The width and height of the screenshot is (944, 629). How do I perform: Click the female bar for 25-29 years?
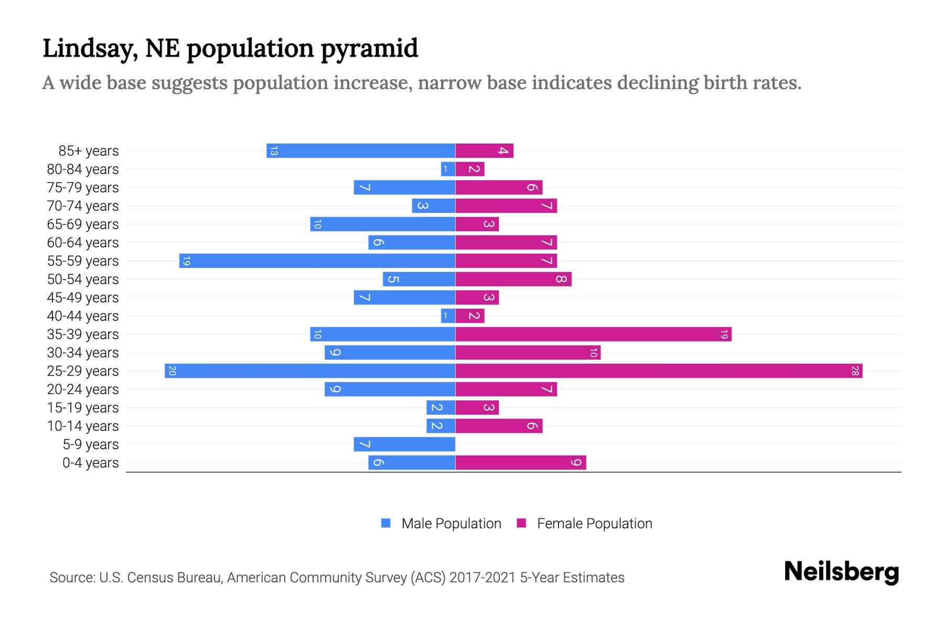click(x=659, y=371)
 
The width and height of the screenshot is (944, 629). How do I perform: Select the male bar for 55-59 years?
click(x=317, y=261)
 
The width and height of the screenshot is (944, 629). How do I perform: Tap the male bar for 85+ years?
click(x=361, y=151)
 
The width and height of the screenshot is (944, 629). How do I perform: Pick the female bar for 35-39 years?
click(x=593, y=334)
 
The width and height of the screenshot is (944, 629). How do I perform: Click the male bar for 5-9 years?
click(x=404, y=444)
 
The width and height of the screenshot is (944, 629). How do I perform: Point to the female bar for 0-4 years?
click(x=521, y=463)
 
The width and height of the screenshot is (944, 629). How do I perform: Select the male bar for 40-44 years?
click(x=448, y=316)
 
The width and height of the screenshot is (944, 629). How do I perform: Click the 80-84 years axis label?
click(x=83, y=169)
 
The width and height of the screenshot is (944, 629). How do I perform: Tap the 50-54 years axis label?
click(x=83, y=279)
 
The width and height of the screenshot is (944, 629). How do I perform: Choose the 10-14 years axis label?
click(x=83, y=426)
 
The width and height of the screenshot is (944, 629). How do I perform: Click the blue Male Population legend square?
click(x=386, y=523)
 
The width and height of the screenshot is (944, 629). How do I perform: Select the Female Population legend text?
click(x=594, y=524)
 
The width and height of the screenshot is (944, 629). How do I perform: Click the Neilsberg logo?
click(x=841, y=572)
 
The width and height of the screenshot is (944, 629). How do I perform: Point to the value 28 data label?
click(x=855, y=371)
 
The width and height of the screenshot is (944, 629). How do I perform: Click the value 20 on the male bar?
click(x=172, y=371)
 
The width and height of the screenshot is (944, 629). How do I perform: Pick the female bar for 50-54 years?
click(x=513, y=279)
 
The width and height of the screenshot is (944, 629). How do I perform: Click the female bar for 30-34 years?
click(x=528, y=353)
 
